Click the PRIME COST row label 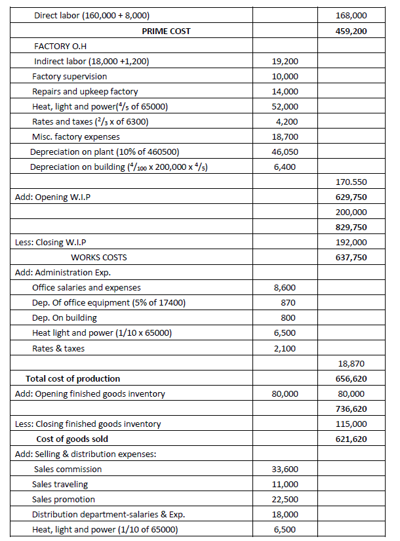pyautogui.click(x=166, y=31)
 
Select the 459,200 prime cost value pyautogui.click(x=351, y=31)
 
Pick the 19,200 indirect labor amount pyautogui.click(x=285, y=61)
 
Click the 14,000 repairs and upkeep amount pyautogui.click(x=285, y=92)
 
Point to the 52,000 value pyautogui.click(x=285, y=107)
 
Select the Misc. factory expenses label pyautogui.click(x=76, y=137)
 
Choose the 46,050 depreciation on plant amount pyautogui.click(x=285, y=152)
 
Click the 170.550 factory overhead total pyautogui.click(x=351, y=182)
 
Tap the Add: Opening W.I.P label pyautogui.click(x=52, y=197)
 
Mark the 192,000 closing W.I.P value pyautogui.click(x=351, y=243)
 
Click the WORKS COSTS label pyautogui.click(x=99, y=258)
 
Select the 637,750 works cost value pyautogui.click(x=351, y=258)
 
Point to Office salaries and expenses pyautogui.click(x=86, y=288)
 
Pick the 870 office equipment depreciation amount pyautogui.click(x=287, y=303)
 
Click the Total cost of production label pyautogui.click(x=73, y=379)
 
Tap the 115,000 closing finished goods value pyautogui.click(x=351, y=424)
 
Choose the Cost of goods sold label pyautogui.click(x=72, y=439)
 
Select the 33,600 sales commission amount pyautogui.click(x=285, y=470)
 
